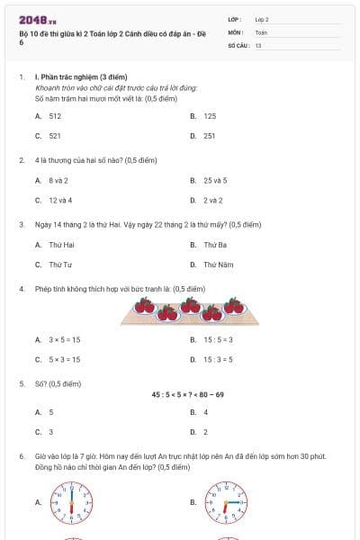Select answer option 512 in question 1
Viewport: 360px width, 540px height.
point(55,116)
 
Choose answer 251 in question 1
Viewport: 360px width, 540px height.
point(209,135)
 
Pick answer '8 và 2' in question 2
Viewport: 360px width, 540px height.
point(58,180)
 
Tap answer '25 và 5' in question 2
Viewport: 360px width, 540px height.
point(215,180)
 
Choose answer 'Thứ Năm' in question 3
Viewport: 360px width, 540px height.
point(218,265)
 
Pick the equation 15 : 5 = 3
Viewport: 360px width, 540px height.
point(218,339)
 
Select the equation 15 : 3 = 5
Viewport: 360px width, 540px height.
point(218,359)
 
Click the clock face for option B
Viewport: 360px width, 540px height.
point(226,501)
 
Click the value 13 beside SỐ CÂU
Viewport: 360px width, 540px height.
point(258,44)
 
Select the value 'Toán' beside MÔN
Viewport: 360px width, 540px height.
point(261,31)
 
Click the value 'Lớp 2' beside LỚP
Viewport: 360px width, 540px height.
point(262,19)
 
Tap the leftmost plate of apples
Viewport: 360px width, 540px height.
point(144,307)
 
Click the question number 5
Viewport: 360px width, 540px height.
point(21,382)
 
